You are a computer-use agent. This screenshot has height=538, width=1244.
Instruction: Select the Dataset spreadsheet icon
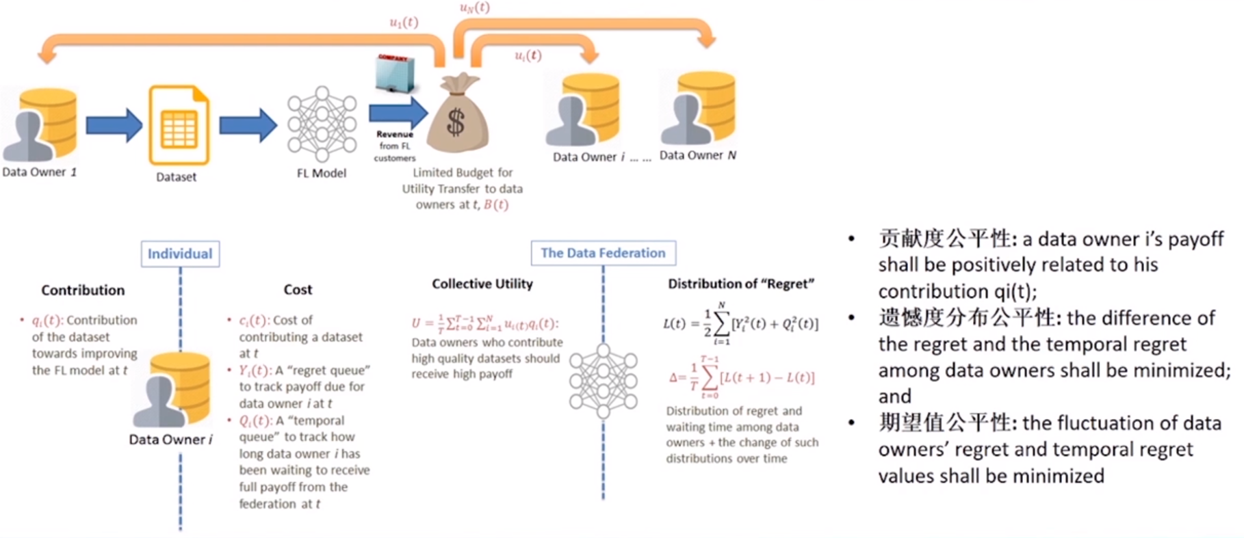pyautogui.click(x=179, y=125)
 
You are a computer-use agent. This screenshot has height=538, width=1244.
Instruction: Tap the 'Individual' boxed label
pyautogui.click(x=180, y=254)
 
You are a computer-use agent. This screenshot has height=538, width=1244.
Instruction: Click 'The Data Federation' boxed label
pyautogui.click(x=603, y=253)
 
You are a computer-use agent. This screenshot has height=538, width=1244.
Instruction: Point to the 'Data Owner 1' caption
pyautogui.click(x=39, y=172)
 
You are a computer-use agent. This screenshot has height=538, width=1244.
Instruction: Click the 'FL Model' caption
pyautogui.click(x=321, y=173)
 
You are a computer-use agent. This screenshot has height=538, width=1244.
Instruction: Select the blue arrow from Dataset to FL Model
pyautogui.click(x=248, y=125)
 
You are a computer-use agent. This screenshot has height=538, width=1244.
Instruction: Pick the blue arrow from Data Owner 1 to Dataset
pyautogui.click(x=114, y=125)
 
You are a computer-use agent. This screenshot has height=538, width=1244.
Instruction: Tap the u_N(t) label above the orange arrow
pyautogui.click(x=474, y=8)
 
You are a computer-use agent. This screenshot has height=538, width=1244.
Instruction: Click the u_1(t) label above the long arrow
pyautogui.click(x=404, y=23)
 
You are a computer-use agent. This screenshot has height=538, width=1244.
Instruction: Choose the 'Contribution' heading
pyautogui.click(x=83, y=290)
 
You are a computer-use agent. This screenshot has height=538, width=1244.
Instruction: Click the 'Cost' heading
pyautogui.click(x=298, y=289)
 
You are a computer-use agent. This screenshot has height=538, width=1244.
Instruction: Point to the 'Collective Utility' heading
pyautogui.click(x=482, y=284)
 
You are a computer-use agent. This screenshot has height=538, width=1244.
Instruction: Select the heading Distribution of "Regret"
pyautogui.click(x=741, y=284)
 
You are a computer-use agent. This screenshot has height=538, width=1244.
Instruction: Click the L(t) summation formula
pyautogui.click(x=740, y=323)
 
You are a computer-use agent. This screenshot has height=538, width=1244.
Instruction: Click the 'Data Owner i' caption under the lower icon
pyautogui.click(x=170, y=440)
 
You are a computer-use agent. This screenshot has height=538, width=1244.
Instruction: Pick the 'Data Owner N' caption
pyautogui.click(x=697, y=155)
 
